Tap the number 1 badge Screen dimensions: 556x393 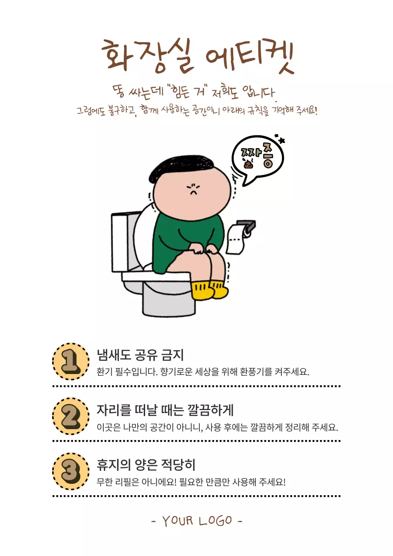[71, 361]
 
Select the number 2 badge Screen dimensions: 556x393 [71, 416]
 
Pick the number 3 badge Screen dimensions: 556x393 [71, 471]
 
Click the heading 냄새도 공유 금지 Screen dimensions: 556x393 [140, 355]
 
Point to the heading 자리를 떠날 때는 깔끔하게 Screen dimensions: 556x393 [165, 410]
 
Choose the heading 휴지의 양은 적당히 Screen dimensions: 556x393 [146, 465]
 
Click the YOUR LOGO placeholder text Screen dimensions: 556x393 [197, 521]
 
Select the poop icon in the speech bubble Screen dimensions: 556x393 [248, 163]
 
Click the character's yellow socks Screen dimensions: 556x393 [210, 290]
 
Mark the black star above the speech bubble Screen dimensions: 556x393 [282, 140]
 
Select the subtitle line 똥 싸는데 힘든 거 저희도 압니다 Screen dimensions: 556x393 [193, 92]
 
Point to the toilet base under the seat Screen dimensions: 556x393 [168, 300]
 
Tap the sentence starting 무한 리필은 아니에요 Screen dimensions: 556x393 [191, 482]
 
